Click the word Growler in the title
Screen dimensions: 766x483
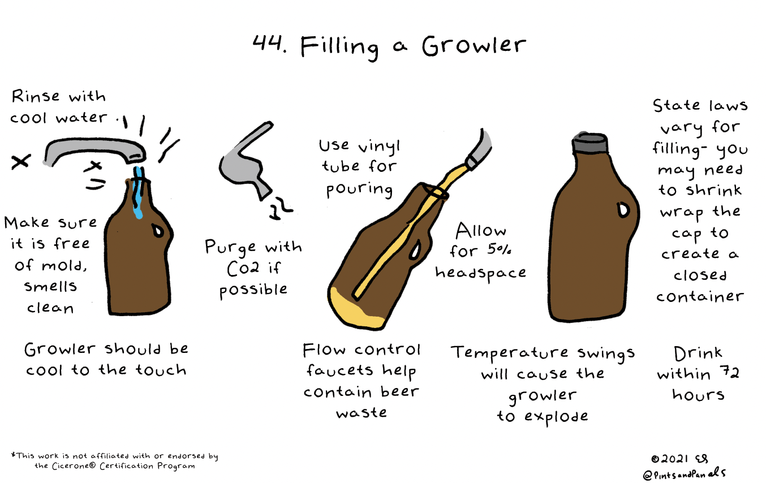474,46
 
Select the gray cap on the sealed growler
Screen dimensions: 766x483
590,143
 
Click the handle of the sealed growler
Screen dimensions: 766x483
623,209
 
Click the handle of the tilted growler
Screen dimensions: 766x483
415,249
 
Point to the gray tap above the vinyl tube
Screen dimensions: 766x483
480,150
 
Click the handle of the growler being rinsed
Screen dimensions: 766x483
158,231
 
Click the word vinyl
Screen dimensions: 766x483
379,148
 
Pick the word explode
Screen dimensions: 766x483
556,417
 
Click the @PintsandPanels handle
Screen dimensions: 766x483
684,474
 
